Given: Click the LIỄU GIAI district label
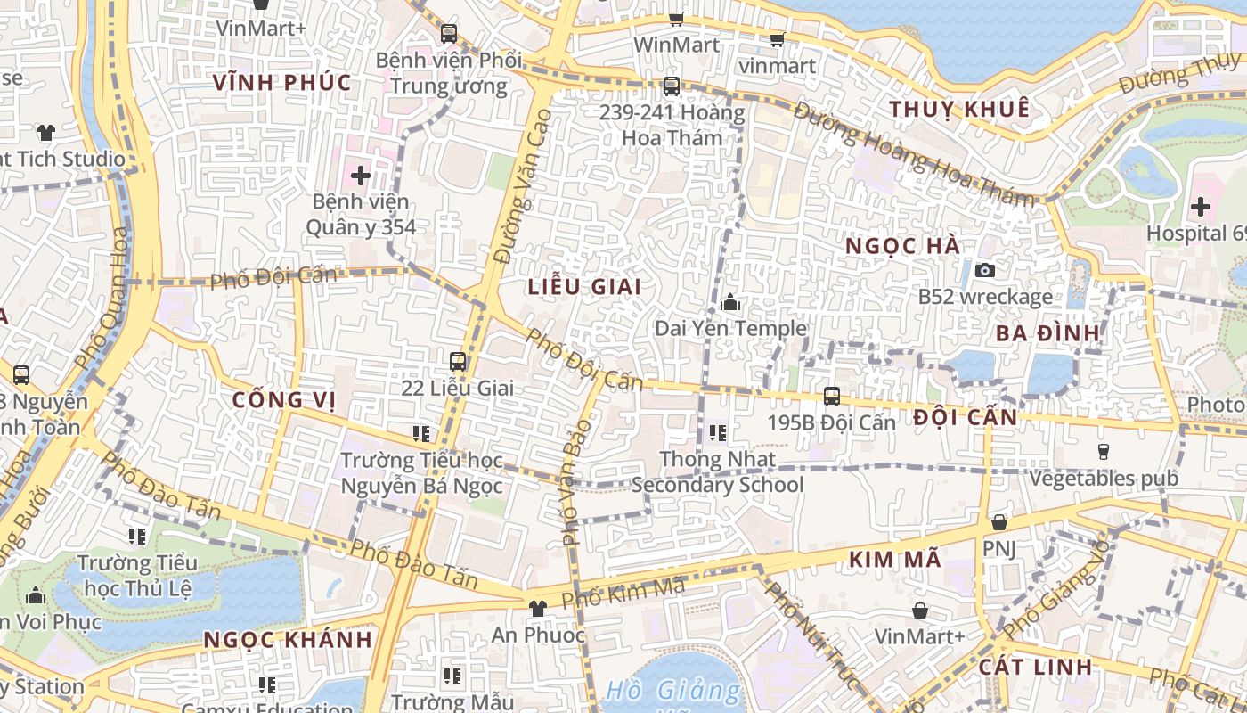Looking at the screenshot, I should [x=584, y=287].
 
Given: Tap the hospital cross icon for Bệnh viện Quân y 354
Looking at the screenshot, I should [x=361, y=176].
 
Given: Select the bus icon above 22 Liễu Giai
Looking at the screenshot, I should [x=458, y=361].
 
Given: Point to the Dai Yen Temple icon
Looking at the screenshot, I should [x=730, y=303].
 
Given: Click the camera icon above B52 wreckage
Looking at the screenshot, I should [x=985, y=270].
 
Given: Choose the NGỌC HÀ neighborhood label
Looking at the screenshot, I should [x=902, y=246].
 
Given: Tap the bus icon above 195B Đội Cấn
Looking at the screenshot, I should [x=832, y=396].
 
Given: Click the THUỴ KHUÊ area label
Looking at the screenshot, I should [x=959, y=110].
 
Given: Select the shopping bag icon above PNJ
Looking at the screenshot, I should [x=999, y=522].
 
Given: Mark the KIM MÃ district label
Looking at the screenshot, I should [x=894, y=560].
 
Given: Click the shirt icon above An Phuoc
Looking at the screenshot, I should [x=537, y=609].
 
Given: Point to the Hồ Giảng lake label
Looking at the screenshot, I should [x=672, y=691].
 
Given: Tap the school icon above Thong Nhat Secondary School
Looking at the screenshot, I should [x=717, y=434].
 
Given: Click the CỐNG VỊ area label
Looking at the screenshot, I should [x=284, y=400].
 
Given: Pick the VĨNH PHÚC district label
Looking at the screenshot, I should [x=282, y=83].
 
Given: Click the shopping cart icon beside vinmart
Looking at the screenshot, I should [x=777, y=39].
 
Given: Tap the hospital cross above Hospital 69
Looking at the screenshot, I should [x=1201, y=208].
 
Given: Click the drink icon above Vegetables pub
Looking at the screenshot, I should [x=1104, y=451].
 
